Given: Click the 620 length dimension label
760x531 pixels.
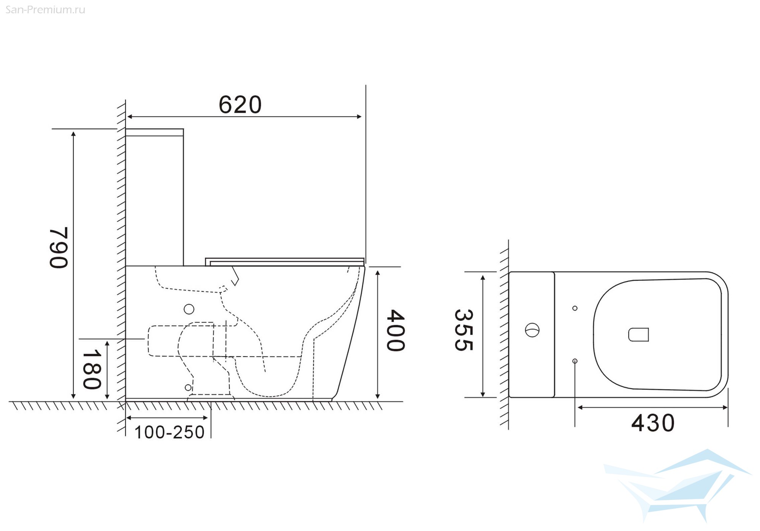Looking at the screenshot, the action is [240, 104].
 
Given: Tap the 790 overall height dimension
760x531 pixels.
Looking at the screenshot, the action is [59, 247].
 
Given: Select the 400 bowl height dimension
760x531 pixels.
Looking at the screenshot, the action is [396, 330].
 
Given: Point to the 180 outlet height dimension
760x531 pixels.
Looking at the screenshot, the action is [92, 369].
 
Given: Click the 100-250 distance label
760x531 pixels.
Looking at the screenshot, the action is [169, 432].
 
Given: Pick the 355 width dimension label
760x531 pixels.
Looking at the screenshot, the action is [464, 330].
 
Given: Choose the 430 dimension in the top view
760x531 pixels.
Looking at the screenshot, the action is [653, 423].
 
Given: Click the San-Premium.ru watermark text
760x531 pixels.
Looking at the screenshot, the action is [45, 10].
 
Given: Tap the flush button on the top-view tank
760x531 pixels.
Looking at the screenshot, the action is [532, 330].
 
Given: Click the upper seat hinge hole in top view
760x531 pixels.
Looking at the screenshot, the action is [575, 308].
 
